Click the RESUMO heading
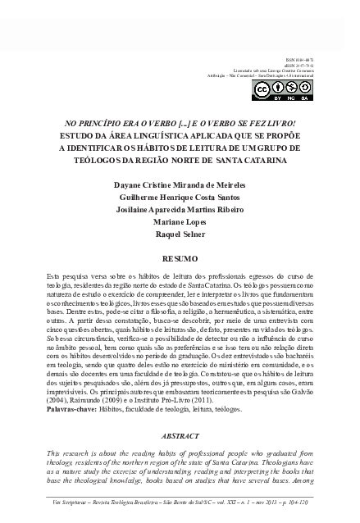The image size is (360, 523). tap(180, 257)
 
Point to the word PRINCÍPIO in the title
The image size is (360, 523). tap(94, 123)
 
